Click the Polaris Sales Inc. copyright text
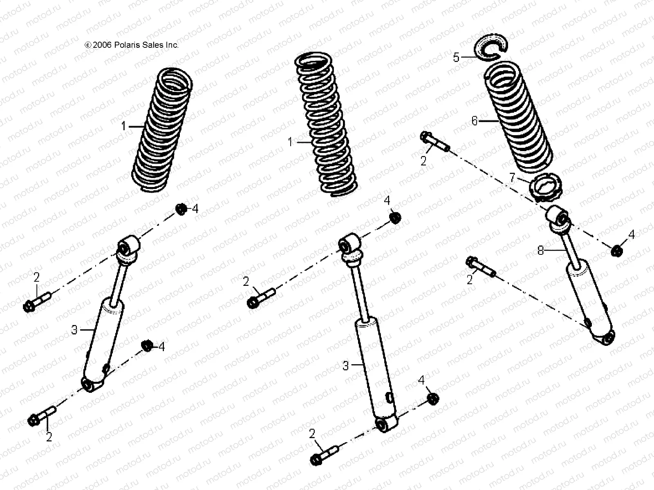pos(132,45)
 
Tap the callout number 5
pos(457,57)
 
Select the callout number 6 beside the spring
pos(474,121)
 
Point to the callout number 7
pos(512,178)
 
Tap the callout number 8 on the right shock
pos(540,251)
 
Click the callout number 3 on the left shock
pos(74,330)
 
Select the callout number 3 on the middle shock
pos(345,365)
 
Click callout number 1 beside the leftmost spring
pos(123,127)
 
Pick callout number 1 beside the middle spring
pos(290,142)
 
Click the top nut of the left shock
pos(181,209)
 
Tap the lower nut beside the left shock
pos(147,345)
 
